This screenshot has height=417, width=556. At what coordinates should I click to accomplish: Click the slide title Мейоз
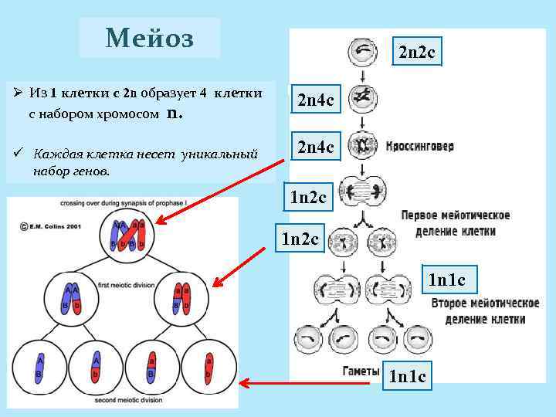[150, 37]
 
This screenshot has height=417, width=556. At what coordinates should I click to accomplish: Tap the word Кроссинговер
[419, 146]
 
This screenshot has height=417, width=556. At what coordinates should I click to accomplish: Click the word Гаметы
[360, 371]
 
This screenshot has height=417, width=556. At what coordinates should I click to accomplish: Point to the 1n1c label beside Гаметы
[409, 376]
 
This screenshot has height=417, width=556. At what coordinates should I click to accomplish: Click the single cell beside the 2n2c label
[362, 53]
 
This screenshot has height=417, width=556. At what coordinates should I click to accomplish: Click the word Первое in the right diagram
[422, 215]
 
